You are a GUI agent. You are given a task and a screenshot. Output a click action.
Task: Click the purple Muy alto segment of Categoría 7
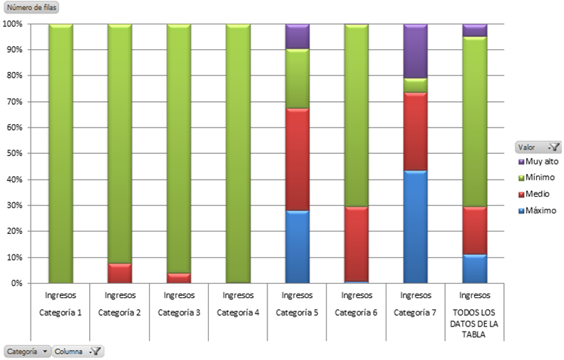(416, 51)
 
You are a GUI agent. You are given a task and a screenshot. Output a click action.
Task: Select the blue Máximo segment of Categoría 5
(297, 247)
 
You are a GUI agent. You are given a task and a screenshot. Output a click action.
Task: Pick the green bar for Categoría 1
(61, 153)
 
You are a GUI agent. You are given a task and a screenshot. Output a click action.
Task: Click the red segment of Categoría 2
(120, 273)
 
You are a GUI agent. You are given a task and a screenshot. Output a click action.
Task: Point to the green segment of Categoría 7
(416, 85)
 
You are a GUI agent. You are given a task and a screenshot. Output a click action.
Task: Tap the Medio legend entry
(538, 193)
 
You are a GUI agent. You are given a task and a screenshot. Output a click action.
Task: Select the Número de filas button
(31, 8)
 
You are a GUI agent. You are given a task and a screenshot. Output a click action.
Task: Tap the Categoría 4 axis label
(238, 312)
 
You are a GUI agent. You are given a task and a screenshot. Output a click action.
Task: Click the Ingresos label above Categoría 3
(179, 294)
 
